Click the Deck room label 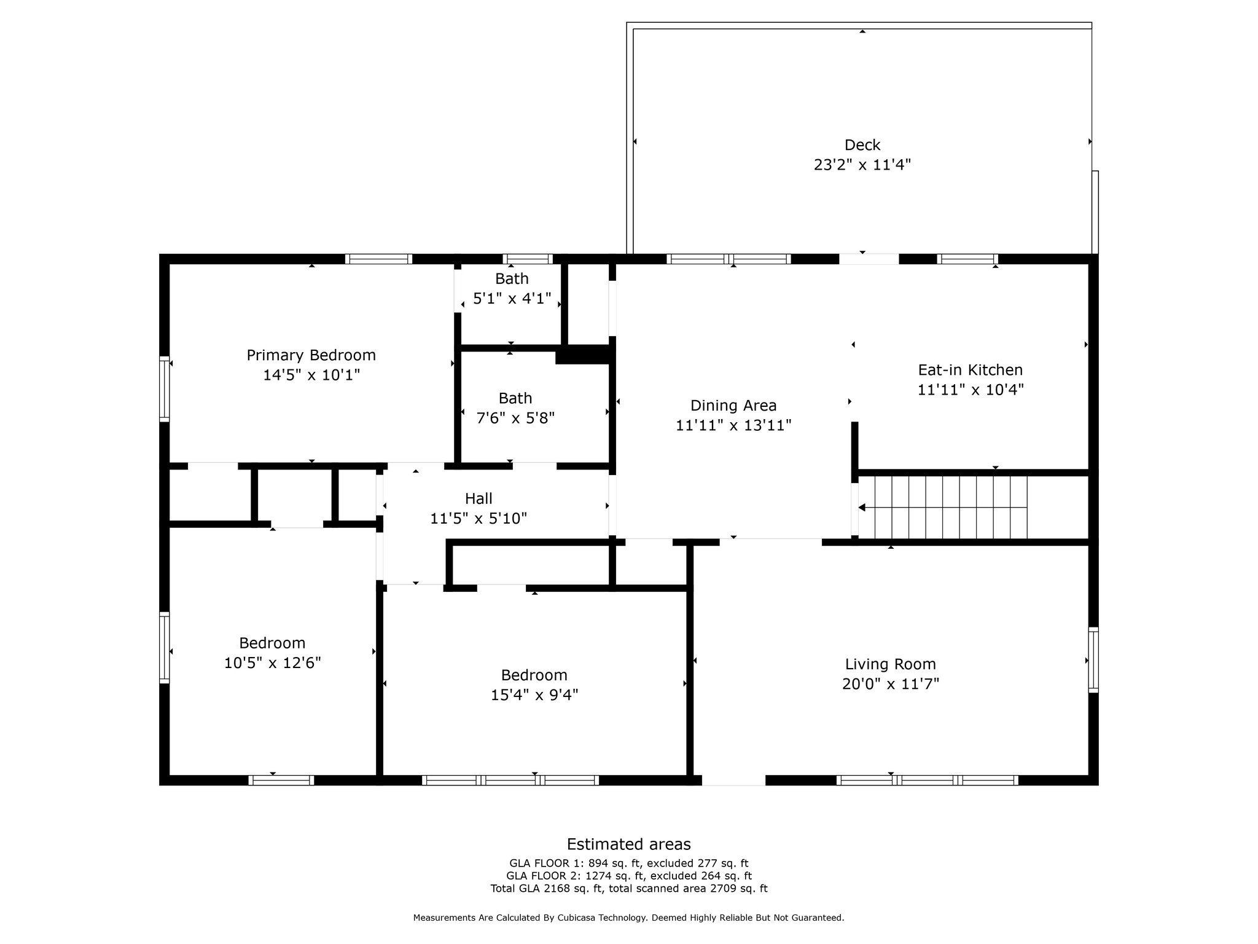coord(862,145)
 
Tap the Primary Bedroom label coord(311,355)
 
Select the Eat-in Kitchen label coord(971,370)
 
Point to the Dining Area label coord(733,406)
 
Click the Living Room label coord(891,664)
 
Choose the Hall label coord(479,498)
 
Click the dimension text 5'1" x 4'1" coord(512,299)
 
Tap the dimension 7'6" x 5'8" coord(515,418)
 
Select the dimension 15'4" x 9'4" coord(534,695)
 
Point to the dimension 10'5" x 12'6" coord(273,663)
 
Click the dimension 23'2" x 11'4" coord(862,165)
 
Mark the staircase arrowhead coord(862,508)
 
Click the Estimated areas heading coord(629,844)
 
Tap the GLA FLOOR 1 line coord(629,863)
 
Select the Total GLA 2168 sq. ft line coord(629,888)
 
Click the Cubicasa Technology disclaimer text coord(629,918)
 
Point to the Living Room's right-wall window coord(1093,659)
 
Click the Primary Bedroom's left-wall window coord(164,389)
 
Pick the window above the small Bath coord(528,259)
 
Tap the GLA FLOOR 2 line coord(629,876)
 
